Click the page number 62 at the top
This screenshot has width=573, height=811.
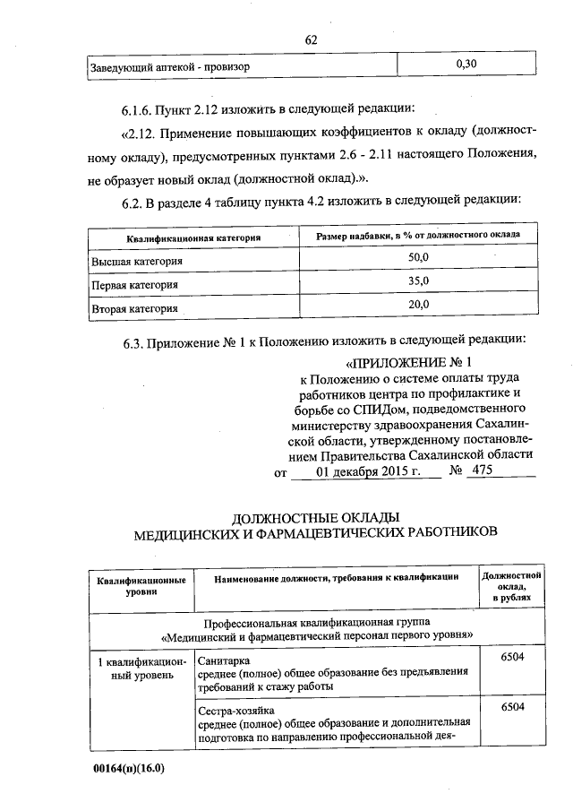[x=312, y=39]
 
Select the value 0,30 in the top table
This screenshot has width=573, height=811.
[x=466, y=65]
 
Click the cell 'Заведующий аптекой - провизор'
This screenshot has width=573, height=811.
[x=170, y=66]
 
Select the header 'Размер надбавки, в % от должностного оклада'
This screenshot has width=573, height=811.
[x=418, y=235]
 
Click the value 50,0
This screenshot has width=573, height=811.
[x=419, y=257]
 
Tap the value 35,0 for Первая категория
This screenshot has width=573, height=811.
[x=419, y=281]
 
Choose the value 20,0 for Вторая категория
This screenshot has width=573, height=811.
[x=419, y=306]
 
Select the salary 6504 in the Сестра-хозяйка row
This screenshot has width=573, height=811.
[x=511, y=707]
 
